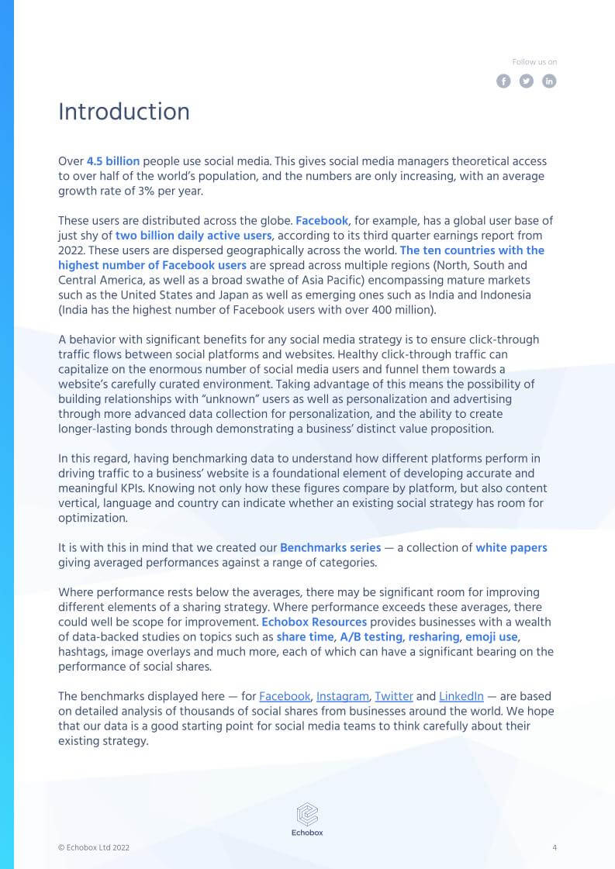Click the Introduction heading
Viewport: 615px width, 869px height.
coord(124,112)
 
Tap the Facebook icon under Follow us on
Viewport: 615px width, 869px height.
coord(503,81)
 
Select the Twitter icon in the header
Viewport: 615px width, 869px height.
coord(527,81)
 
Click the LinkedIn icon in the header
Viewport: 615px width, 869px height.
coord(549,81)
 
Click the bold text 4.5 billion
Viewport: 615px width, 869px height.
coord(113,161)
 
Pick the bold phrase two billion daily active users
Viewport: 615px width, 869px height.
coord(194,235)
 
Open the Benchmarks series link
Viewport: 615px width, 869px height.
coord(330,547)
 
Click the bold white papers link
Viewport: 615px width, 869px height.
coord(511,547)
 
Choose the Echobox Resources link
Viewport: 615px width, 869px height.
coord(314,622)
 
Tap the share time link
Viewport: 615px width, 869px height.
coord(305,636)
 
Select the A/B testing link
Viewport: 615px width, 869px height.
coord(371,636)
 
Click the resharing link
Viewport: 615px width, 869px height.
coord(434,636)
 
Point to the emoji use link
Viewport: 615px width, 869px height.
coord(492,636)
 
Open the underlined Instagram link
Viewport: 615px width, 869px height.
coord(343,696)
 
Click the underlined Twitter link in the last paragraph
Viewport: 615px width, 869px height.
coord(393,696)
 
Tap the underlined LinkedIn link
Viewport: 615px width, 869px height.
coord(461,696)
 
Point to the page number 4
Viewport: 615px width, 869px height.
coord(554,847)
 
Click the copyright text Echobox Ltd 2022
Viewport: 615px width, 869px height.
coord(94,848)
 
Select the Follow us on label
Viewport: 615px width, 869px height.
coord(534,62)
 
